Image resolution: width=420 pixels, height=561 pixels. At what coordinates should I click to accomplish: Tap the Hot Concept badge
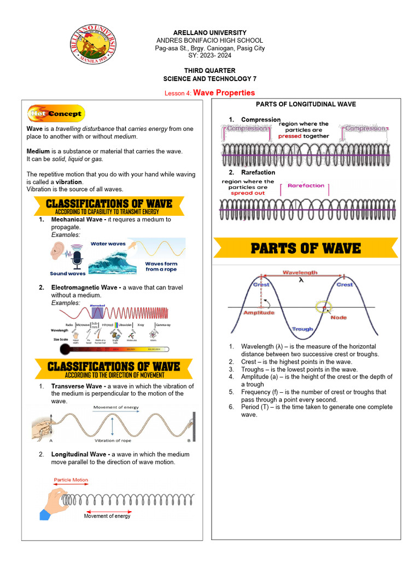tap(56, 113)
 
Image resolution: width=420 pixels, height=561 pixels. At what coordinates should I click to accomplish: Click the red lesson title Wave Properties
tap(224, 93)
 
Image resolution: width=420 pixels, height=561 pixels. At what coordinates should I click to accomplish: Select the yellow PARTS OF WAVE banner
tap(305, 248)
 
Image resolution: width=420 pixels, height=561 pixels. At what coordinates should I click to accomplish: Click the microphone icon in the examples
tap(77, 258)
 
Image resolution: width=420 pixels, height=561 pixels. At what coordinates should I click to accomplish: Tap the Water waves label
tap(108, 243)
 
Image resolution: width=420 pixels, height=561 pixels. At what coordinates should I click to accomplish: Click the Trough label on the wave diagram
tap(302, 329)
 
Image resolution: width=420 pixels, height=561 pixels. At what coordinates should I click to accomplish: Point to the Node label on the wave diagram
tap(339, 317)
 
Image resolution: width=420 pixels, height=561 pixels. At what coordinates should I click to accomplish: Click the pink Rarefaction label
tap(306, 186)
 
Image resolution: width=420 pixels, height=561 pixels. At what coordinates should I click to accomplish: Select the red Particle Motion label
tap(71, 480)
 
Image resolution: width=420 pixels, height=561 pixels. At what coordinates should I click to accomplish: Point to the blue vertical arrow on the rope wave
tap(112, 426)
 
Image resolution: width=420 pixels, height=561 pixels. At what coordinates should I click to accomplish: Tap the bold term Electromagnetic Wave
tap(86, 288)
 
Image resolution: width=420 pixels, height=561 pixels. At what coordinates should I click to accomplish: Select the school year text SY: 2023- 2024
tap(209, 56)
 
